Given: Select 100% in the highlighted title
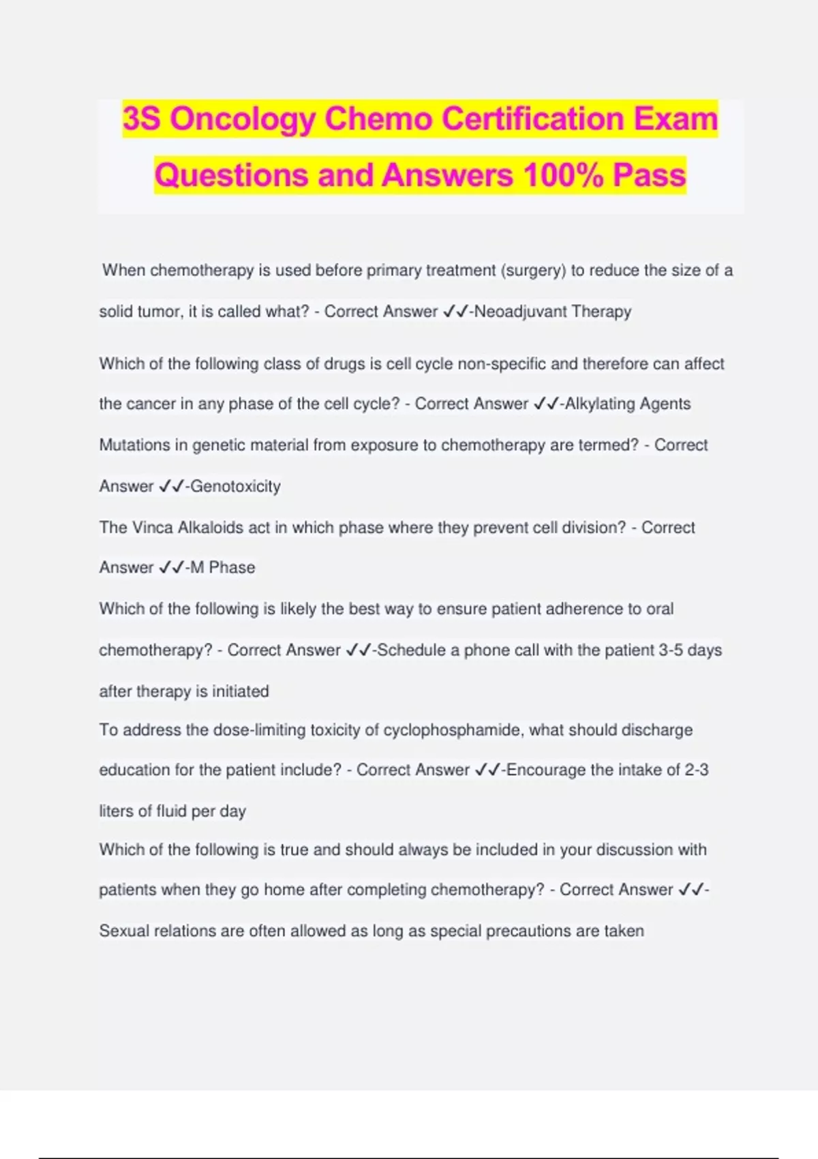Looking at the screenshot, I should (563, 175).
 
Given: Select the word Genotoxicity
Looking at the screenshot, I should (235, 486).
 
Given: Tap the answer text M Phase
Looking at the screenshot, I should (222, 567).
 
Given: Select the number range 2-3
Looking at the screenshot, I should (696, 770).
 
